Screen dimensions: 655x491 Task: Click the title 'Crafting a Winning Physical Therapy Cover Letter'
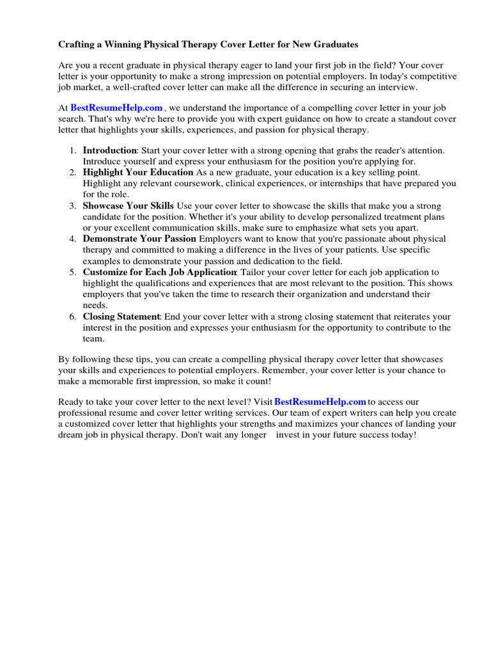pyautogui.click(x=208, y=45)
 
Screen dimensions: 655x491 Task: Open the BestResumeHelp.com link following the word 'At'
pyautogui.click(x=116, y=108)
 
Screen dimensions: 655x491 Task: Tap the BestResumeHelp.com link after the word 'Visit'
pyautogui.click(x=320, y=402)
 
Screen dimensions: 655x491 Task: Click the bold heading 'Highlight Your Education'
pyautogui.click(x=137, y=172)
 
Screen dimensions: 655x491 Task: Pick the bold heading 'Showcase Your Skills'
pyautogui.click(x=128, y=206)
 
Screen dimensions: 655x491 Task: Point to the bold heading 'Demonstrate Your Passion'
pyautogui.click(x=139, y=239)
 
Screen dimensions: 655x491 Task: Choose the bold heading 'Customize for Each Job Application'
pyautogui.click(x=159, y=272)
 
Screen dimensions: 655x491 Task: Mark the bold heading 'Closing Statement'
pyautogui.click(x=121, y=317)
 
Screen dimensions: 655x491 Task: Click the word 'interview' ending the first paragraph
pyautogui.click(x=380, y=86)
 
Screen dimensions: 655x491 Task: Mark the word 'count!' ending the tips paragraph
pyautogui.click(x=257, y=381)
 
